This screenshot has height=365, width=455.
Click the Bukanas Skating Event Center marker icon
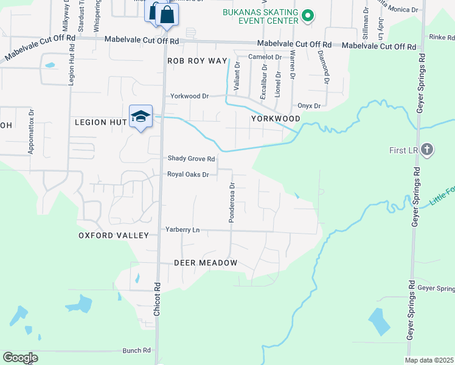pyautogui.click(x=308, y=16)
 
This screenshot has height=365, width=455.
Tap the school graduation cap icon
pyautogui.click(x=141, y=116)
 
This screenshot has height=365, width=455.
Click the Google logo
pyautogui.click(x=20, y=358)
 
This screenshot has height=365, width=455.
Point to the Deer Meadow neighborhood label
pyautogui.click(x=205, y=263)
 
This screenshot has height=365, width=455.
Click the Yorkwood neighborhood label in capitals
pyautogui.click(x=276, y=119)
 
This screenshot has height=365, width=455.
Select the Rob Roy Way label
pyautogui.click(x=197, y=61)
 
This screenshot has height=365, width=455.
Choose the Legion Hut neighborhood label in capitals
pyautogui.click(x=100, y=122)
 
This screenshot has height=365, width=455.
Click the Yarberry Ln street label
pyautogui.click(x=182, y=230)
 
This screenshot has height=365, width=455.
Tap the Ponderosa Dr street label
pyautogui.click(x=232, y=203)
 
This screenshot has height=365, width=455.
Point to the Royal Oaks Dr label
pyautogui.click(x=188, y=175)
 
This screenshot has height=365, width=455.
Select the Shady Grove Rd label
pyautogui.click(x=192, y=159)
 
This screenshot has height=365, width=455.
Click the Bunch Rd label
pyautogui.click(x=136, y=350)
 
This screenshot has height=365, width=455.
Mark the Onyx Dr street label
pyautogui.click(x=308, y=106)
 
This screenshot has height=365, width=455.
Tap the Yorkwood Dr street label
pyautogui.click(x=189, y=96)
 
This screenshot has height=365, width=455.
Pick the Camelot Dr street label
pyautogui.click(x=265, y=57)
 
